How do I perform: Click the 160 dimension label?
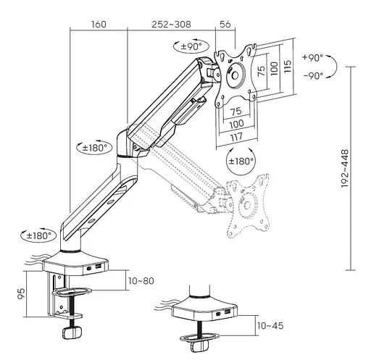(99, 25)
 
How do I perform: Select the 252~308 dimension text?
(171, 25)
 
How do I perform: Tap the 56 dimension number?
(225, 25)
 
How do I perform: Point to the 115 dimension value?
(287, 66)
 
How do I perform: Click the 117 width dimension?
(236, 137)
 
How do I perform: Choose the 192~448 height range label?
(345, 168)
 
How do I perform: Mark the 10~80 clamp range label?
(141, 281)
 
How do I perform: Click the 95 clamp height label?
(21, 293)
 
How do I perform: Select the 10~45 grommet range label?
(270, 326)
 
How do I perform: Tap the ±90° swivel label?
(191, 46)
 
